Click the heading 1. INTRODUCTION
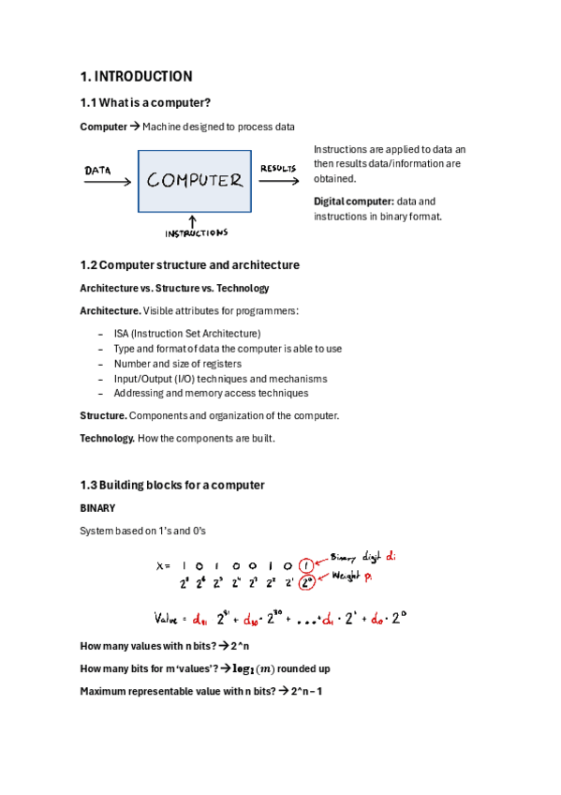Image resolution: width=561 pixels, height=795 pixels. point(136,77)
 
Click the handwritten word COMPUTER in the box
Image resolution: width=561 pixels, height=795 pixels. point(195,180)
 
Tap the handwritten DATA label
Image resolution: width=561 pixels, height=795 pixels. point(98,171)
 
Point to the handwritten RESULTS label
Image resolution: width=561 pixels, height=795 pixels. point(278,169)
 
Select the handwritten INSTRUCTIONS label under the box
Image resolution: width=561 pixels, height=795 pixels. point(196,232)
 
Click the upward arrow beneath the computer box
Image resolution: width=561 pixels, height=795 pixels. point(193,219)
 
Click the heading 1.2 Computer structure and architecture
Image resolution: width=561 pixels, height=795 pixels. point(190,265)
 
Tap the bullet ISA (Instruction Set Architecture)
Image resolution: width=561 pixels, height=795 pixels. point(186,334)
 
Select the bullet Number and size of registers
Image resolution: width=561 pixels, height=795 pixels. point(177,364)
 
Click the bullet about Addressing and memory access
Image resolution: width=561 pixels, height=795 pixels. point(211,394)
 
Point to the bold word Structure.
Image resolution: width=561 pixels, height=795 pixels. point(103,415)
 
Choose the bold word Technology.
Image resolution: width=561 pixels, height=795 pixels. point(107,439)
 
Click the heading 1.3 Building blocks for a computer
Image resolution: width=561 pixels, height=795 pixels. point(172,485)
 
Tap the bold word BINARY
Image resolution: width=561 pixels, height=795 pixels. point(97,508)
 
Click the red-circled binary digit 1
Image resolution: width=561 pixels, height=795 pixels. point(306,565)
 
